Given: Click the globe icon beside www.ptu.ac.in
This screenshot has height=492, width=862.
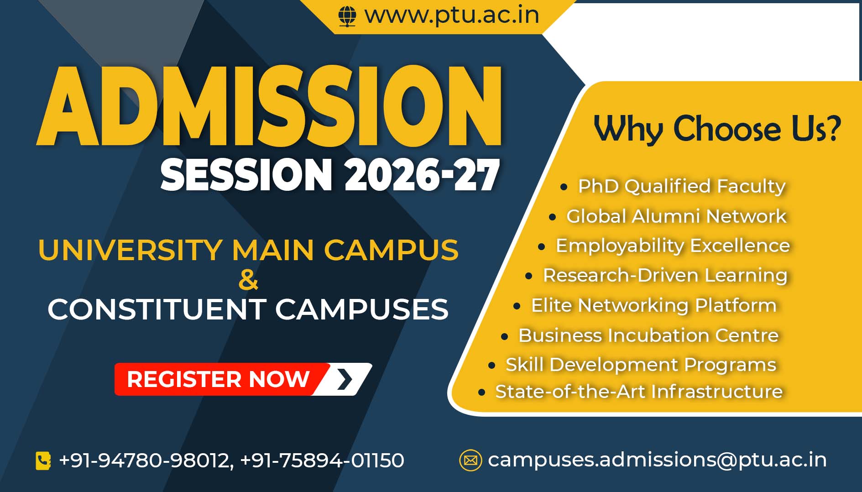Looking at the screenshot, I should pos(347,16).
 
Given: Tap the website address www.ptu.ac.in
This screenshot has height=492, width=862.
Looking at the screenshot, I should pos(452,15).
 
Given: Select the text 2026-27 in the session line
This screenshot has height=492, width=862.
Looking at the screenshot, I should pos(422,175).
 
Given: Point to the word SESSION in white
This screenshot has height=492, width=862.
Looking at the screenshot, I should pos(246,175).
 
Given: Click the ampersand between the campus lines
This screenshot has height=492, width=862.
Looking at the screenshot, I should pos(248,280).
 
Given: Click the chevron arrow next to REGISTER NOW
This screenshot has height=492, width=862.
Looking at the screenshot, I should pos(345,379).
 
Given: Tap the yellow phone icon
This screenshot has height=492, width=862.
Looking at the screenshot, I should pos(43,461).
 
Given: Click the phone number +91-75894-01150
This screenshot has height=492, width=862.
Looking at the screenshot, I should pos(322,460).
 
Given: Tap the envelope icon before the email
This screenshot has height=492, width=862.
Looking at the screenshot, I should pos(470,460).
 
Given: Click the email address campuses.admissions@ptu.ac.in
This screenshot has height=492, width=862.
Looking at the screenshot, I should pos(657,460).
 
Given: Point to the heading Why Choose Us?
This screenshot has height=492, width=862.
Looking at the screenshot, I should pos(717,129).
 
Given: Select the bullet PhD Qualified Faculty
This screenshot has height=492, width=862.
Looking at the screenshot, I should pos(681,186).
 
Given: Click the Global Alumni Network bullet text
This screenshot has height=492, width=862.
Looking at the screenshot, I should pos(676,216).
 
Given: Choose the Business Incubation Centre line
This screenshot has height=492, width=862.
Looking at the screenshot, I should pos(648,335).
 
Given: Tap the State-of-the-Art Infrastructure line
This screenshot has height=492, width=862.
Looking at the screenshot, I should pos(639,392).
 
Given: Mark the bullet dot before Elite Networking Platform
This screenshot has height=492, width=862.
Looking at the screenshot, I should pos(517,306).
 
